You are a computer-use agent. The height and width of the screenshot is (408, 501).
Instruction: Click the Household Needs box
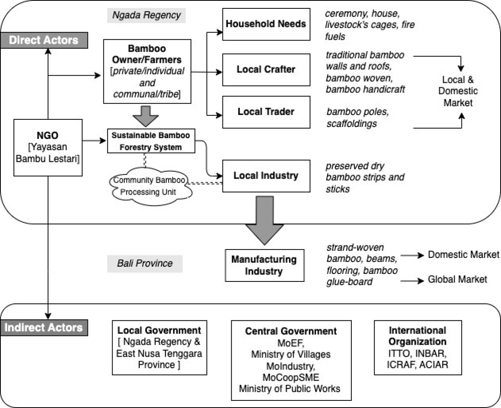[266, 24]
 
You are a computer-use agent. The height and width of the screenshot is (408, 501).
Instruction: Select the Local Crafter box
[266, 70]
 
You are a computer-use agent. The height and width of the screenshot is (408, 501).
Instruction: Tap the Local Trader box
[266, 112]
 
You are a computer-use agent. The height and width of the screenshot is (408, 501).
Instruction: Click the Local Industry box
[266, 176]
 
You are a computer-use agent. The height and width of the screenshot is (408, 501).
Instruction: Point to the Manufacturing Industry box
[264, 265]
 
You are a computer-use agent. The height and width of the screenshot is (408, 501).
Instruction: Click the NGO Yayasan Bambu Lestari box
[48, 147]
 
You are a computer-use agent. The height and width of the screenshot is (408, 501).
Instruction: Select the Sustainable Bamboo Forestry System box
[151, 141]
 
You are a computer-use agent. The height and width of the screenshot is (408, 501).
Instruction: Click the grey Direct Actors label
[44, 40]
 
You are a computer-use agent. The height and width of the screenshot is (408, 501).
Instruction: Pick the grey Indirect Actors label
[44, 328]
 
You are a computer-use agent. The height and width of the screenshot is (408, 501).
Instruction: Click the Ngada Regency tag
[146, 16]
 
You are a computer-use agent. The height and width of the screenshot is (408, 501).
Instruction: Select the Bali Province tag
[144, 264]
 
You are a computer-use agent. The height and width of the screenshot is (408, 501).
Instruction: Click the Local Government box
[159, 347]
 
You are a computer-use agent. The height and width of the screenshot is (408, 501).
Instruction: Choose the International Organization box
[417, 347]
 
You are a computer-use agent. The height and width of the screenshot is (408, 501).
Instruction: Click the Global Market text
[457, 280]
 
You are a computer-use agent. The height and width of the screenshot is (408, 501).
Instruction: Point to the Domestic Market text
[463, 255]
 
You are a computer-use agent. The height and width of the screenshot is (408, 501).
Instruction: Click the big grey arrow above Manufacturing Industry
[265, 219]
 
